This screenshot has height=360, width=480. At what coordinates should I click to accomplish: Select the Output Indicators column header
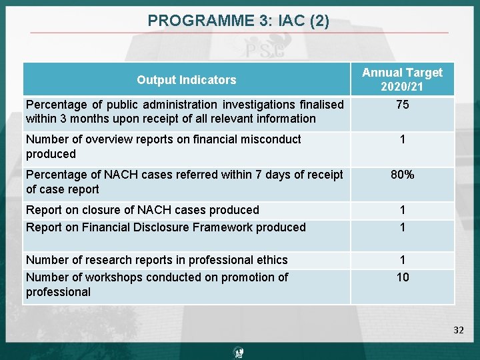[x=186, y=80]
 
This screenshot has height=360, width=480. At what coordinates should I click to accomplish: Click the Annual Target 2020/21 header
[x=402, y=79]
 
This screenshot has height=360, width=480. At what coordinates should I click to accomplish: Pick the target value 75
[x=402, y=105]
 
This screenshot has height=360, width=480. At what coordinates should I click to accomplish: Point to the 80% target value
[x=402, y=175]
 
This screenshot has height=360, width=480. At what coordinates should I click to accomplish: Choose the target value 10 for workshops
[x=403, y=277]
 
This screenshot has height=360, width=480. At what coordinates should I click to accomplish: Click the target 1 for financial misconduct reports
[x=403, y=139]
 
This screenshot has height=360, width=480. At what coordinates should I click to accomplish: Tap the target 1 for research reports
[x=403, y=260]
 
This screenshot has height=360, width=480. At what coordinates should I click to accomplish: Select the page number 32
[x=458, y=329]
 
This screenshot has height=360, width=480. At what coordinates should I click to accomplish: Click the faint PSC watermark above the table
[x=265, y=51]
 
